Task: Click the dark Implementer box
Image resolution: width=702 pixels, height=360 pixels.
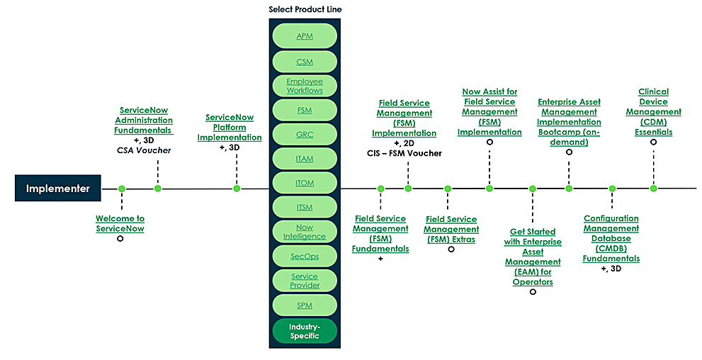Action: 57,189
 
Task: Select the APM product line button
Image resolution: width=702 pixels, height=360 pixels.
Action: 304,35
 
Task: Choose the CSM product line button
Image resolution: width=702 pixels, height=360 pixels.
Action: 304,62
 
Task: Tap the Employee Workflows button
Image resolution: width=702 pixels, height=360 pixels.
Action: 304,86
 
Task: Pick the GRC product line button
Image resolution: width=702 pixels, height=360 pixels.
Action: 304,135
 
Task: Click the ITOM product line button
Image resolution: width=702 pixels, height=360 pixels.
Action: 304,183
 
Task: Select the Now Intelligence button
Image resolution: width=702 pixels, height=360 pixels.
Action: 304,232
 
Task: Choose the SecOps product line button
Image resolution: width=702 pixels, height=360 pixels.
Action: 304,257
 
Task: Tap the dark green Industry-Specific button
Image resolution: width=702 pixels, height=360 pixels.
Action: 304,331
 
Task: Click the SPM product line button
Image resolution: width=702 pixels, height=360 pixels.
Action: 304,305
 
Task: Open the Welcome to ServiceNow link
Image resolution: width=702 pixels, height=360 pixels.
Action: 120,224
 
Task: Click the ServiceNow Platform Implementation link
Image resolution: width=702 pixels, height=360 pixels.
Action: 229,128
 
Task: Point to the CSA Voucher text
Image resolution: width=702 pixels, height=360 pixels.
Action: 144,150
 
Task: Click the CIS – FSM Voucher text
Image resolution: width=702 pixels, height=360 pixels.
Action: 405,153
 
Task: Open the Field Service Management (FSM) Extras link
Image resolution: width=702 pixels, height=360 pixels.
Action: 451,229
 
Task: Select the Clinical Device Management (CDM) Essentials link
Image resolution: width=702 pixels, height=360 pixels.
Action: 653,112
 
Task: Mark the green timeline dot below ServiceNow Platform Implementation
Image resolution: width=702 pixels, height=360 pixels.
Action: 237,189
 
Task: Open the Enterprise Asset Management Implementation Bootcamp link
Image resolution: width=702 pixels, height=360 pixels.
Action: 569,122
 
